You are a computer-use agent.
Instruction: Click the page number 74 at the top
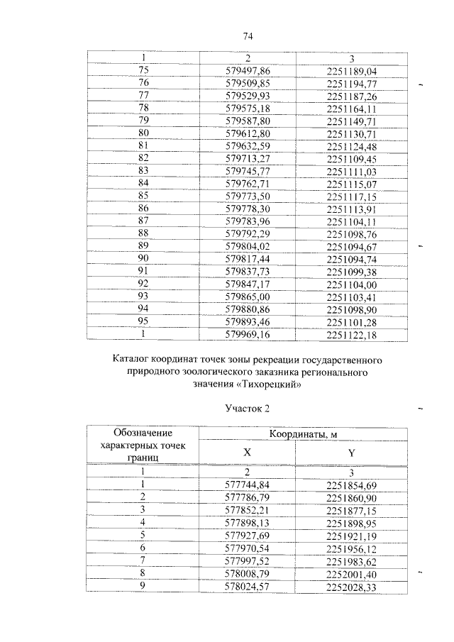(248, 36)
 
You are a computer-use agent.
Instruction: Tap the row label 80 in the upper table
(143, 133)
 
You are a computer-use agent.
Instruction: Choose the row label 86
(143, 208)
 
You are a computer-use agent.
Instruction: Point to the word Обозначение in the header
(143, 432)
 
